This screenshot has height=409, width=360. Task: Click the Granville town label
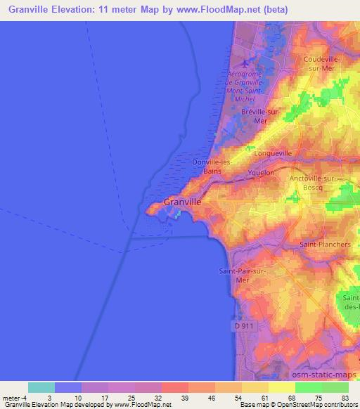pyautogui.click(x=183, y=202)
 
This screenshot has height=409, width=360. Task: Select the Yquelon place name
pyautogui.click(x=261, y=171)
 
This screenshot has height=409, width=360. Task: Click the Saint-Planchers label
pyautogui.click(x=325, y=245)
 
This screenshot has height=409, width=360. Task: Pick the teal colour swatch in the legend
pyautogui.click(x=41, y=387)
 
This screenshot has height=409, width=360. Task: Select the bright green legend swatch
pyautogui.click(x=309, y=387)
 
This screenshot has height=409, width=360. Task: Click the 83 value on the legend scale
pyautogui.click(x=344, y=398)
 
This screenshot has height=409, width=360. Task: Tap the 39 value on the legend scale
pyautogui.click(x=184, y=398)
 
